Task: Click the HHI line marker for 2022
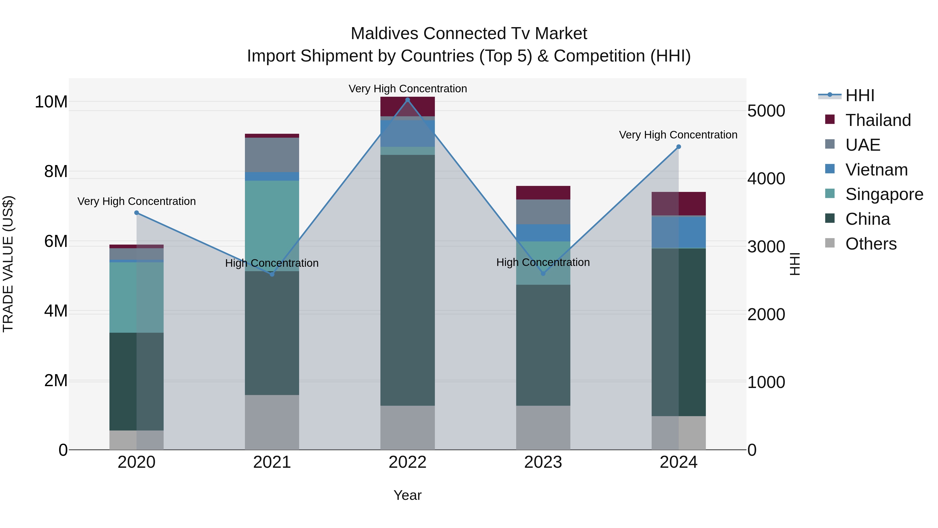tap(408, 100)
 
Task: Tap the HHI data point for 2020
tap(137, 213)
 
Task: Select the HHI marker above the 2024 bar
tap(678, 147)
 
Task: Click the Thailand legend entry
tap(878, 120)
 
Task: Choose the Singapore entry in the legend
tap(884, 194)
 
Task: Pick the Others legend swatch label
tap(871, 244)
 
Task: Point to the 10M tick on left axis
tap(51, 102)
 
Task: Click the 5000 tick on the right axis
tap(766, 111)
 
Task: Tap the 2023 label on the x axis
tap(543, 462)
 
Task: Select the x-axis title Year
tap(408, 495)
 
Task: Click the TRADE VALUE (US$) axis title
tap(8, 264)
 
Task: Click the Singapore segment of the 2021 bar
tap(272, 226)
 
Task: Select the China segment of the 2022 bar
tap(408, 281)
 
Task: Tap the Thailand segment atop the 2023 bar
tap(543, 192)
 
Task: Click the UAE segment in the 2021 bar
tap(272, 155)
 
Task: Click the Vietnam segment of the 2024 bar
tap(678, 232)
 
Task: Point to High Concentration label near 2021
tap(272, 263)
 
